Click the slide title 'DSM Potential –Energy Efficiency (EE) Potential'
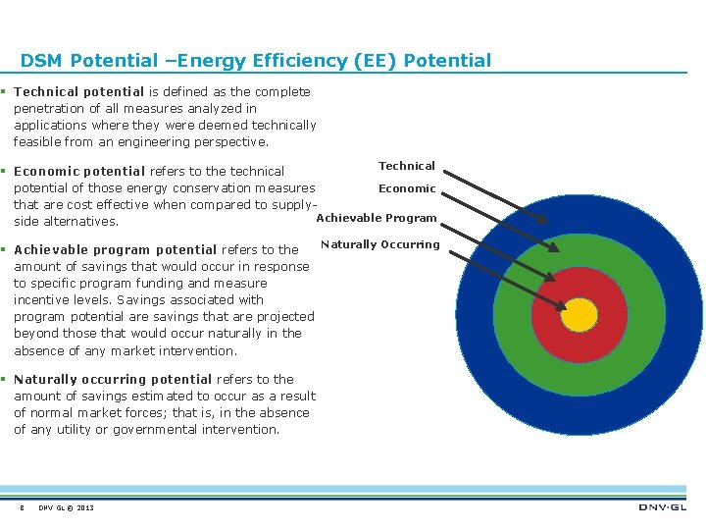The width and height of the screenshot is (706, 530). [x=255, y=61]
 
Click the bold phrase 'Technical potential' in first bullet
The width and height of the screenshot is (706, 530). [x=78, y=91]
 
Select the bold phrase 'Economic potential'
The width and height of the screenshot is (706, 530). [x=78, y=171]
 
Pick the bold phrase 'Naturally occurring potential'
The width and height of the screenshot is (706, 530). [x=113, y=379]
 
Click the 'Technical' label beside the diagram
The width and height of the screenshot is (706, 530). [x=406, y=166]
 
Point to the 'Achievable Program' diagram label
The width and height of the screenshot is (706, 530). [x=376, y=218]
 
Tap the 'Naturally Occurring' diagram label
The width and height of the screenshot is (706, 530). [x=379, y=244]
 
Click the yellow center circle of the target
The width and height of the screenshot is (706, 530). [x=580, y=314]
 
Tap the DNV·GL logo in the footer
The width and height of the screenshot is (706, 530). [x=663, y=506]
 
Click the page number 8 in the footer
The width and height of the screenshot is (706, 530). [x=21, y=507]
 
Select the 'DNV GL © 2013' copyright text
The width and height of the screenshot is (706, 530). [x=67, y=507]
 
